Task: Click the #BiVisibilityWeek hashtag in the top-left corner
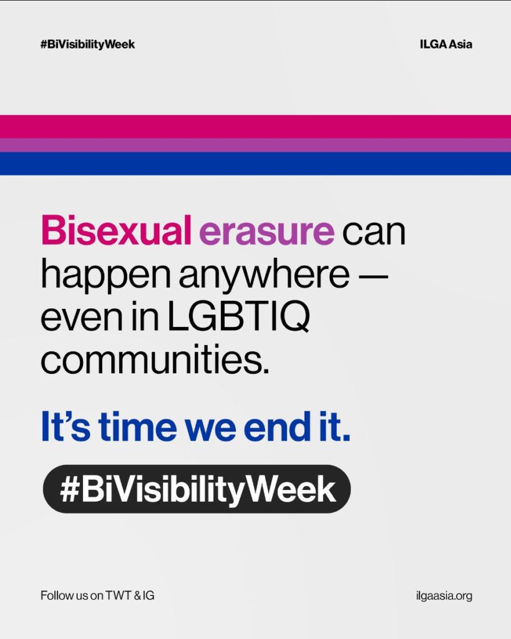[x=87, y=44]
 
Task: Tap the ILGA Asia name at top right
[x=446, y=44]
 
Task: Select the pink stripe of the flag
[x=256, y=127]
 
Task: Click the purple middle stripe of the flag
[x=256, y=145]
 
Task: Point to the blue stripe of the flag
[x=256, y=164]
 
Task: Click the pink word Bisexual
[x=116, y=230]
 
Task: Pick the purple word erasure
[x=267, y=232]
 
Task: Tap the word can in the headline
[x=374, y=233]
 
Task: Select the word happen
[x=105, y=276]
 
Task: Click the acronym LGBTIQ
[x=239, y=317]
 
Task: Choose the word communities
[x=155, y=359]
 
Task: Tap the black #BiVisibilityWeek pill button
[x=197, y=489]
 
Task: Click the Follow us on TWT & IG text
[x=97, y=595]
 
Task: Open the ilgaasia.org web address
[x=444, y=596]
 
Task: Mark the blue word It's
[x=66, y=426]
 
